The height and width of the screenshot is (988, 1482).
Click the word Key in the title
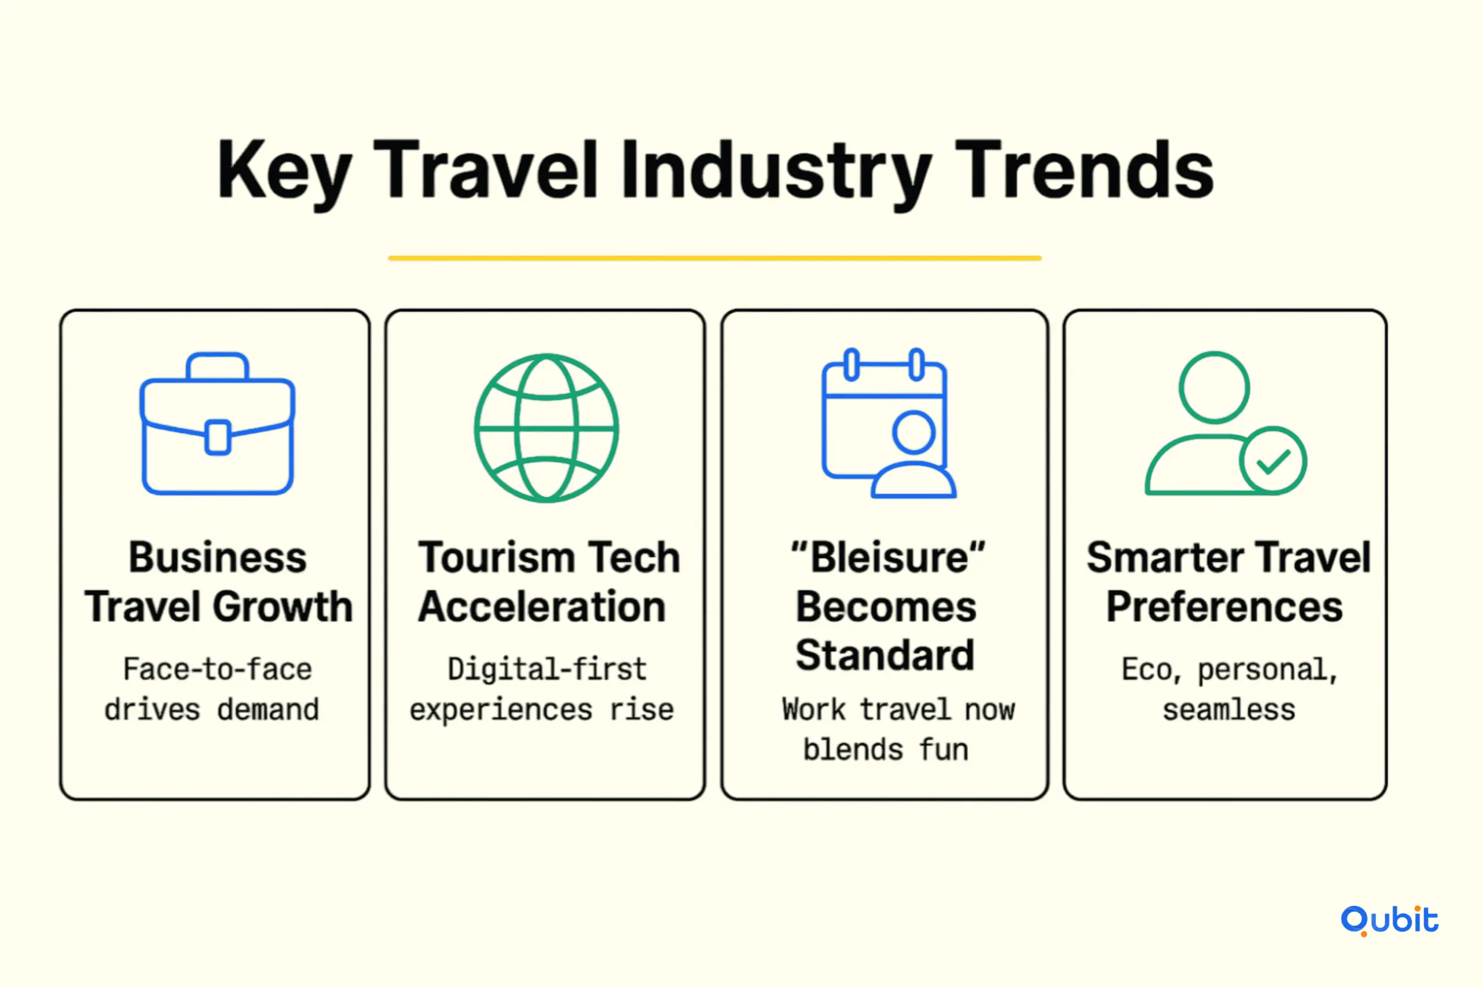click(284, 172)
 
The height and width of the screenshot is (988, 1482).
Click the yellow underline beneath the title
click(714, 258)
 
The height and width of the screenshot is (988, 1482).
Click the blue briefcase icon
click(218, 424)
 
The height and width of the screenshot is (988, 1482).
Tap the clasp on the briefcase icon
click(218, 436)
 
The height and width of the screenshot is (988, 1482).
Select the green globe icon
click(546, 428)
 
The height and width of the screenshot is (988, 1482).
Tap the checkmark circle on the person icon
click(1272, 461)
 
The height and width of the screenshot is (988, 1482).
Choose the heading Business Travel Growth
click(218, 582)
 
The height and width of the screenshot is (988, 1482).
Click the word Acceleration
click(542, 606)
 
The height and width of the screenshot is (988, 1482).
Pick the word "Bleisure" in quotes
click(888, 557)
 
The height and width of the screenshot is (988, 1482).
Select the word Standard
click(885, 655)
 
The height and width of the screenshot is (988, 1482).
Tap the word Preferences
click(1225, 606)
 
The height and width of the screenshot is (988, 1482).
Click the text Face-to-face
click(218, 669)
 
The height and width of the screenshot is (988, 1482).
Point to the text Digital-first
click(547, 669)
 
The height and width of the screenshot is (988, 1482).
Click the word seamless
click(1228, 710)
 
